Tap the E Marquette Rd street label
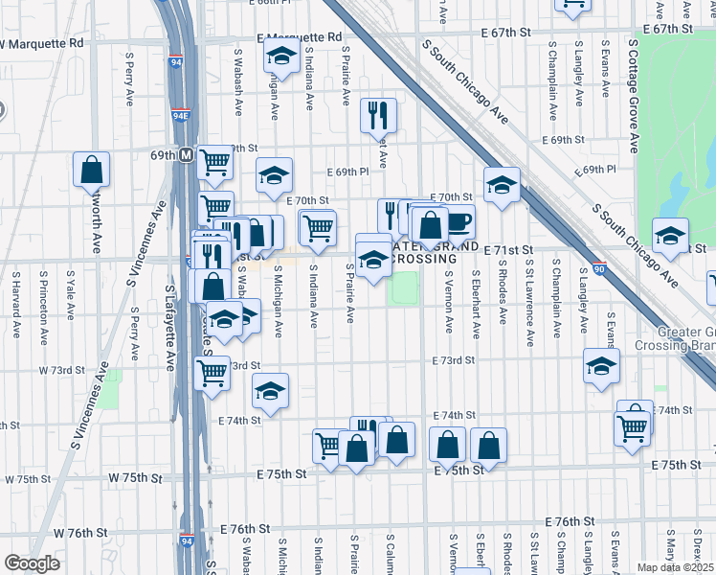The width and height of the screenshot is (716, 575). tap(299, 37)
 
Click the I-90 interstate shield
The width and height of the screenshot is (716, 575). tap(599, 268)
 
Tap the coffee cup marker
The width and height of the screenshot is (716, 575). tap(459, 221)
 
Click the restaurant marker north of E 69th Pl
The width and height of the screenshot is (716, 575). tap(378, 115)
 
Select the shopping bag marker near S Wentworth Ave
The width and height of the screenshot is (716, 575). tap(91, 170)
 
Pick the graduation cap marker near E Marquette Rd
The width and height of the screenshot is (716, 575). tap(281, 56)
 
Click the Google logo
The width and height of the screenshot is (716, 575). tap(32, 563)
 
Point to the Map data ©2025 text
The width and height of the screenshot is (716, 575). tap(676, 567)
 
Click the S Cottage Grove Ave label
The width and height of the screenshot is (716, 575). tap(634, 96)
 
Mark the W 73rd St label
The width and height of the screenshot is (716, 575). tap(56, 369)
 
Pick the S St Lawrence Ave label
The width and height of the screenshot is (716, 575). tap(528, 306)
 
